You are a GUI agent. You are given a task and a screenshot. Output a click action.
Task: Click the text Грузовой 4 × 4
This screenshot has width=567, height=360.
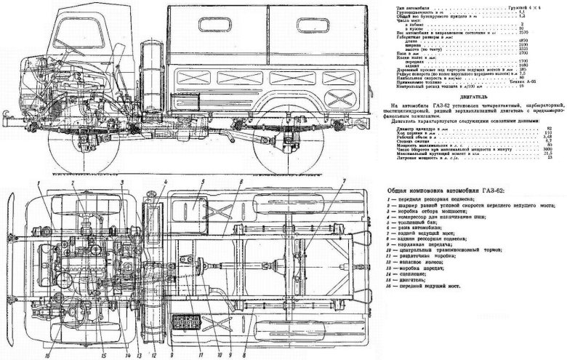point(531,7)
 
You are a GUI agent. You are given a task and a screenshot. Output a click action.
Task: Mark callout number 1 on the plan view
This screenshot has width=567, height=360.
point(34,178)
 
